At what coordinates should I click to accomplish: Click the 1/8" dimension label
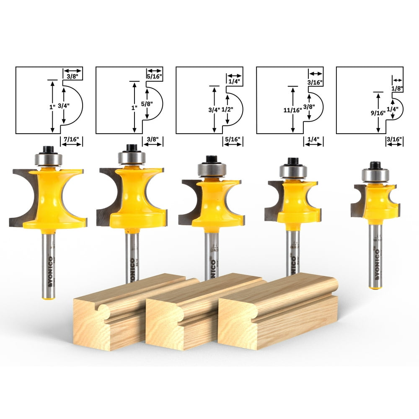point(397,89)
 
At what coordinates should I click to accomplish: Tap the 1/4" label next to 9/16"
point(393,109)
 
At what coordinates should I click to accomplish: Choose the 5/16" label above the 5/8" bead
point(155,77)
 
